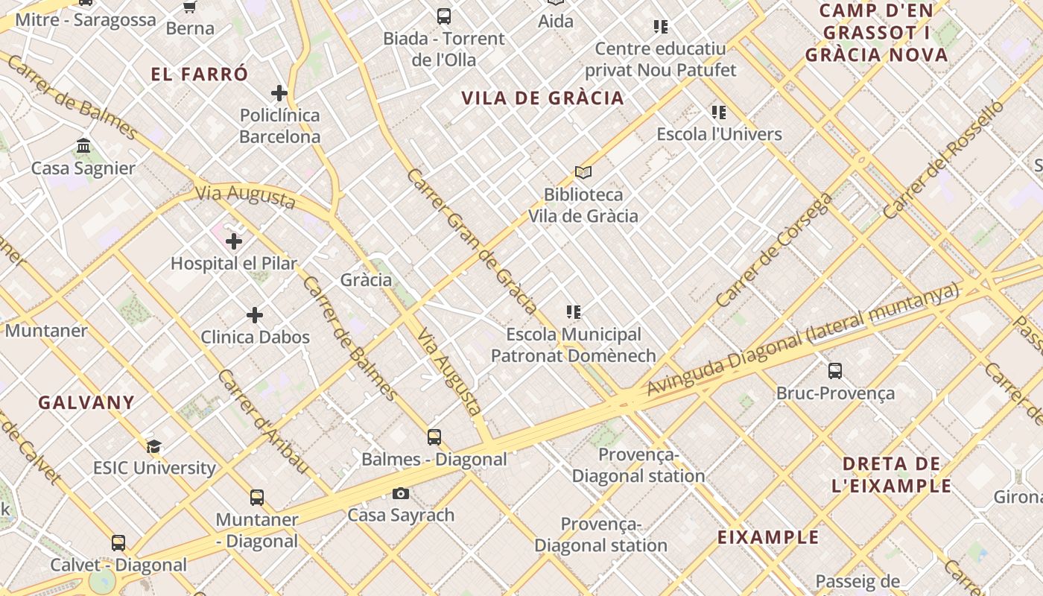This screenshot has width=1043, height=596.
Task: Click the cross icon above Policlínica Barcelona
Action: tap(279, 93)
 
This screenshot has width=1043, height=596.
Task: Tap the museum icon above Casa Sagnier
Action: tap(83, 145)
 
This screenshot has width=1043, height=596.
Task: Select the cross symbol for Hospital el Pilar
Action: tap(234, 241)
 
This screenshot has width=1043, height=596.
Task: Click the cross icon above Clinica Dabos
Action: tap(255, 315)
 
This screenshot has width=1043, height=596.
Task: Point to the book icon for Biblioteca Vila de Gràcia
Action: tap(583, 172)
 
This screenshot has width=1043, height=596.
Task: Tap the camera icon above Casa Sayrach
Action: tap(401, 493)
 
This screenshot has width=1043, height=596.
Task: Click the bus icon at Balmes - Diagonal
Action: tap(434, 437)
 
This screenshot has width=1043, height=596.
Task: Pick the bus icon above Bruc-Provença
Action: tap(835, 370)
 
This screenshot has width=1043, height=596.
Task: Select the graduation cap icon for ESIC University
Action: tap(154, 446)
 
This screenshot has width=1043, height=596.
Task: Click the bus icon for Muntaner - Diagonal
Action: tap(257, 497)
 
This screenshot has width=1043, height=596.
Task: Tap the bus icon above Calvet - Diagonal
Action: tap(118, 542)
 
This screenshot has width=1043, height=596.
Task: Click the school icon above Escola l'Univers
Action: tap(719, 112)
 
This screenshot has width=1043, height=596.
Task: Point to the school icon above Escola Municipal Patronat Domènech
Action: tap(574, 312)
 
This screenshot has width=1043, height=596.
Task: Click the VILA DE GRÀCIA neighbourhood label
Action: tap(542, 98)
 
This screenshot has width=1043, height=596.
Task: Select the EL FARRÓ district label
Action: tap(199, 74)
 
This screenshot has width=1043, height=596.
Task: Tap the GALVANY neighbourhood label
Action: tap(86, 402)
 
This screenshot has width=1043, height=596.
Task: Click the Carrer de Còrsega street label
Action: tap(774, 250)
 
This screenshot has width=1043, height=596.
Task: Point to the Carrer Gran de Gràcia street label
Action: tap(472, 240)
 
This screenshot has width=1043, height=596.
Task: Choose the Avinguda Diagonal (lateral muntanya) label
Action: tap(803, 339)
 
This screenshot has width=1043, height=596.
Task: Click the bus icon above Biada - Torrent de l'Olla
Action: tap(444, 16)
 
